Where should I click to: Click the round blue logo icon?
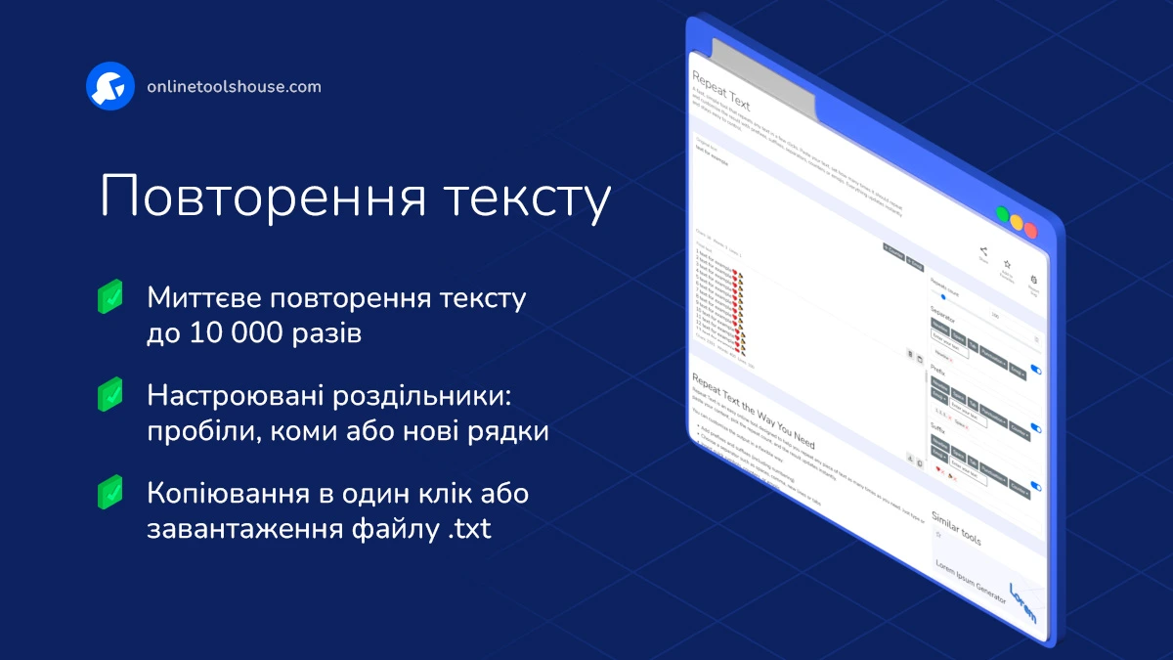tap(109, 87)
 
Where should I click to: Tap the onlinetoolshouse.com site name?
tap(234, 87)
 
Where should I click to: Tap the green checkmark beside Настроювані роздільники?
tap(110, 394)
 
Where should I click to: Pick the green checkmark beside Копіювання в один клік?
tap(110, 492)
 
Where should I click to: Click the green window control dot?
tap(1002, 215)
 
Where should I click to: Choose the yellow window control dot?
tap(1017, 223)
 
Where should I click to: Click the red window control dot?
tap(1030, 230)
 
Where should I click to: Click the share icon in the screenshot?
tap(983, 251)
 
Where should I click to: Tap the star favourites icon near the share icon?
tap(1008, 265)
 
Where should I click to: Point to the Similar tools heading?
tap(955, 527)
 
